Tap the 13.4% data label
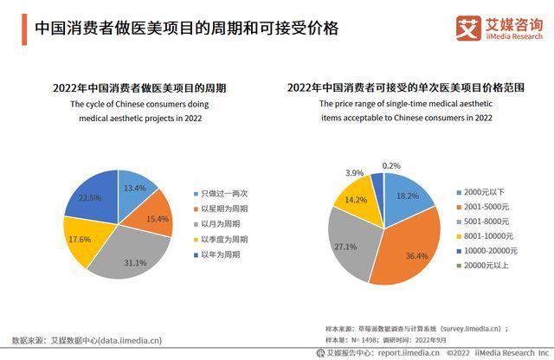pyautogui.click(x=134, y=189)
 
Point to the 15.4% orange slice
pyautogui.click(x=157, y=220)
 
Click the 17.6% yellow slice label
pyautogui.click(x=79, y=239)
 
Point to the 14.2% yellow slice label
pyautogui.click(x=355, y=200)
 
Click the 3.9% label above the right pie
pyautogui.click(x=354, y=174)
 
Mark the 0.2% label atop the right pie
pyautogui.click(x=391, y=165)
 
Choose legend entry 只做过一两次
pyautogui.click(x=224, y=192)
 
